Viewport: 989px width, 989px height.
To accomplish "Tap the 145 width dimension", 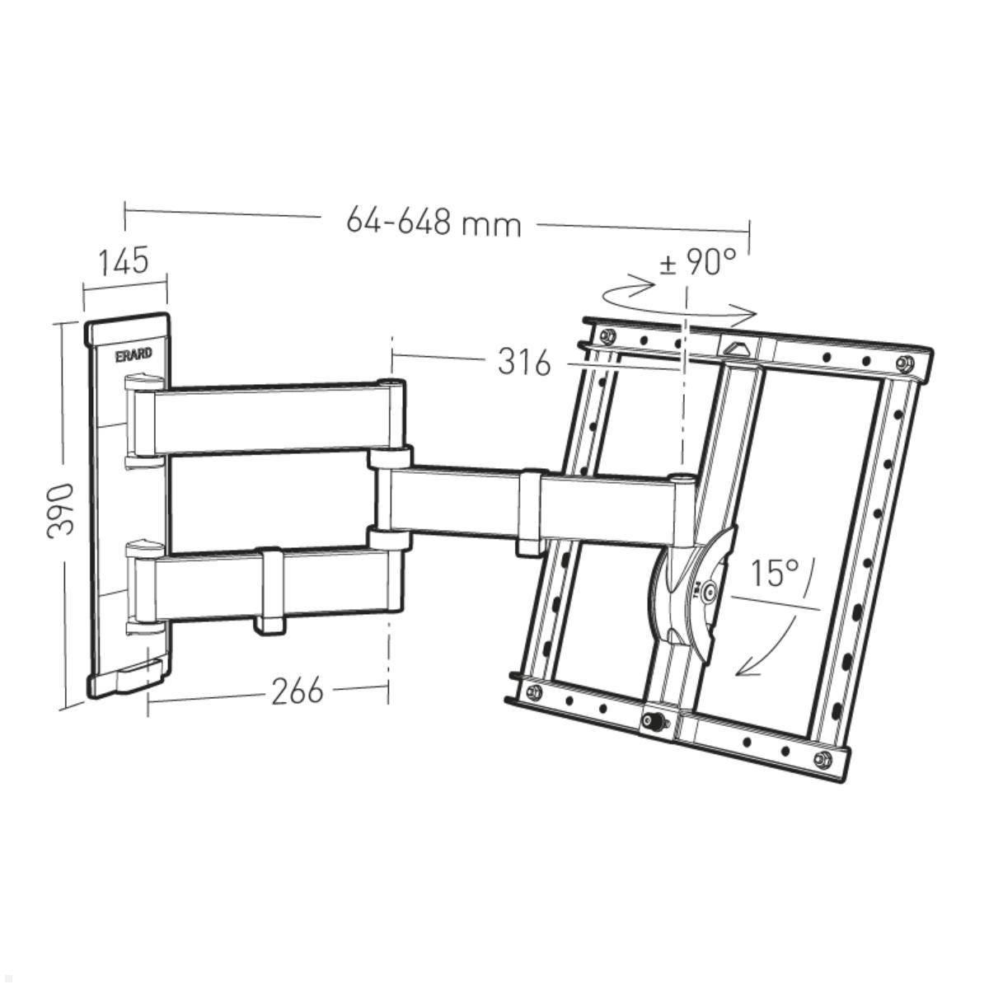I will point(124,261).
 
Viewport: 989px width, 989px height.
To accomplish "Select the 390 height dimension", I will point(61,510).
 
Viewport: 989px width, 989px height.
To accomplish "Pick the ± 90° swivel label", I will point(697,263).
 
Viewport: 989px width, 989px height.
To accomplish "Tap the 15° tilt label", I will point(775,572).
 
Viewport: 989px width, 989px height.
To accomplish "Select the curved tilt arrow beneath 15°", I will point(770,644).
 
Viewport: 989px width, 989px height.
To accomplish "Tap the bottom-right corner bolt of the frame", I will point(820,759).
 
